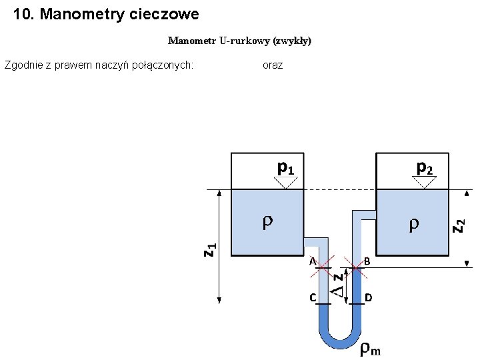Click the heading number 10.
(x=24, y=14)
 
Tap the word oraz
(x=273, y=65)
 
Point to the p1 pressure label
(x=285, y=167)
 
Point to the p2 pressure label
(x=425, y=167)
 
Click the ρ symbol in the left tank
(x=267, y=222)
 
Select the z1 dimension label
(x=209, y=250)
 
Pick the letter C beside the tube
(x=312, y=297)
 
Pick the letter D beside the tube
(x=368, y=297)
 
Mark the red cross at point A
(x=323, y=268)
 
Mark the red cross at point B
(x=356, y=268)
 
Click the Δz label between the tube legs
(x=339, y=284)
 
